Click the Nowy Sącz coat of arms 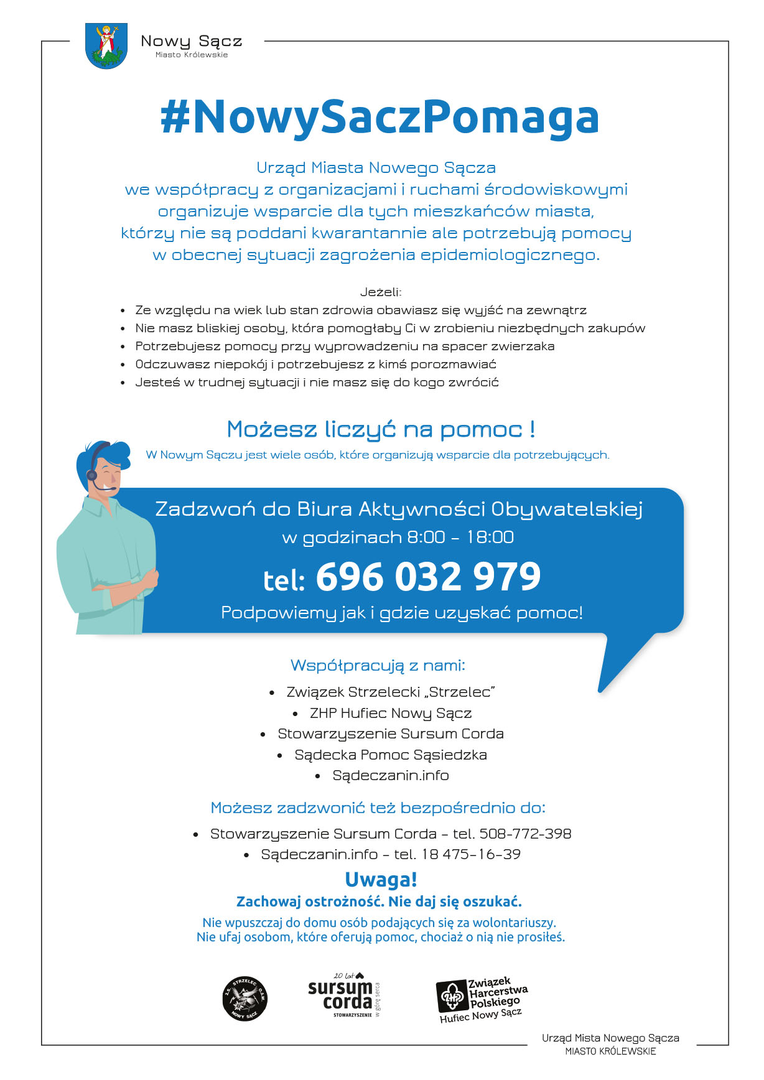106,45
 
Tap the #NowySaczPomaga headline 380,118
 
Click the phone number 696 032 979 428,577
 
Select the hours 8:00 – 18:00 460,538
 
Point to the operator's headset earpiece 92,475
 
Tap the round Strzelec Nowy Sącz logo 245,999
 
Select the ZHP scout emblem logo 452,997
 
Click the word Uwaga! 381,880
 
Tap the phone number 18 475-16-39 471,854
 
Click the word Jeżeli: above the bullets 381,292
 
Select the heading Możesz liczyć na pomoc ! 381,429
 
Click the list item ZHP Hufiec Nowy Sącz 391,713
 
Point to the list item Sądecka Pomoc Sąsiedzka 391,755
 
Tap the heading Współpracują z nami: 378,665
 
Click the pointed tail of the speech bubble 616,666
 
